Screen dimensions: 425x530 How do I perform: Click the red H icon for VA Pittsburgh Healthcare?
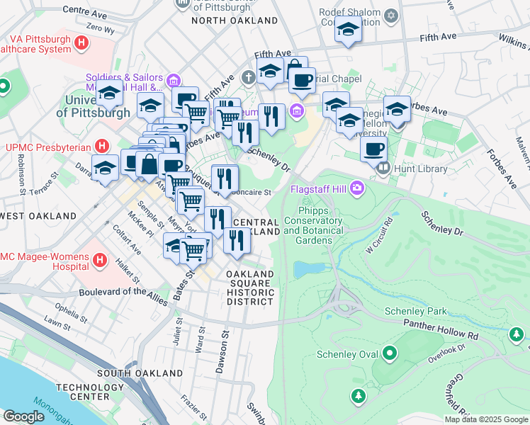click(x=83, y=42)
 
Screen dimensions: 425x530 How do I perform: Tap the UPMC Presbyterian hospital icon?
click(x=103, y=147)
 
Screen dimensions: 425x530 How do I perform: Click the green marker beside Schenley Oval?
click(x=389, y=353)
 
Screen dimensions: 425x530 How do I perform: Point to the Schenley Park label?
click(x=416, y=311)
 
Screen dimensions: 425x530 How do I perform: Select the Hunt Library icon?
click(x=383, y=169)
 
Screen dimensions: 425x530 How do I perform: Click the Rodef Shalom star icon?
click(x=390, y=15)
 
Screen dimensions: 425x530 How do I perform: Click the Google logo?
click(x=25, y=416)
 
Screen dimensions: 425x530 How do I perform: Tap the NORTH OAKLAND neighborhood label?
click(x=234, y=21)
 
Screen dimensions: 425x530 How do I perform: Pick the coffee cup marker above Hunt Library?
click(x=373, y=149)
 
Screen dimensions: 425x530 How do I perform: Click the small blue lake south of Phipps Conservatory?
click(x=305, y=270)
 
